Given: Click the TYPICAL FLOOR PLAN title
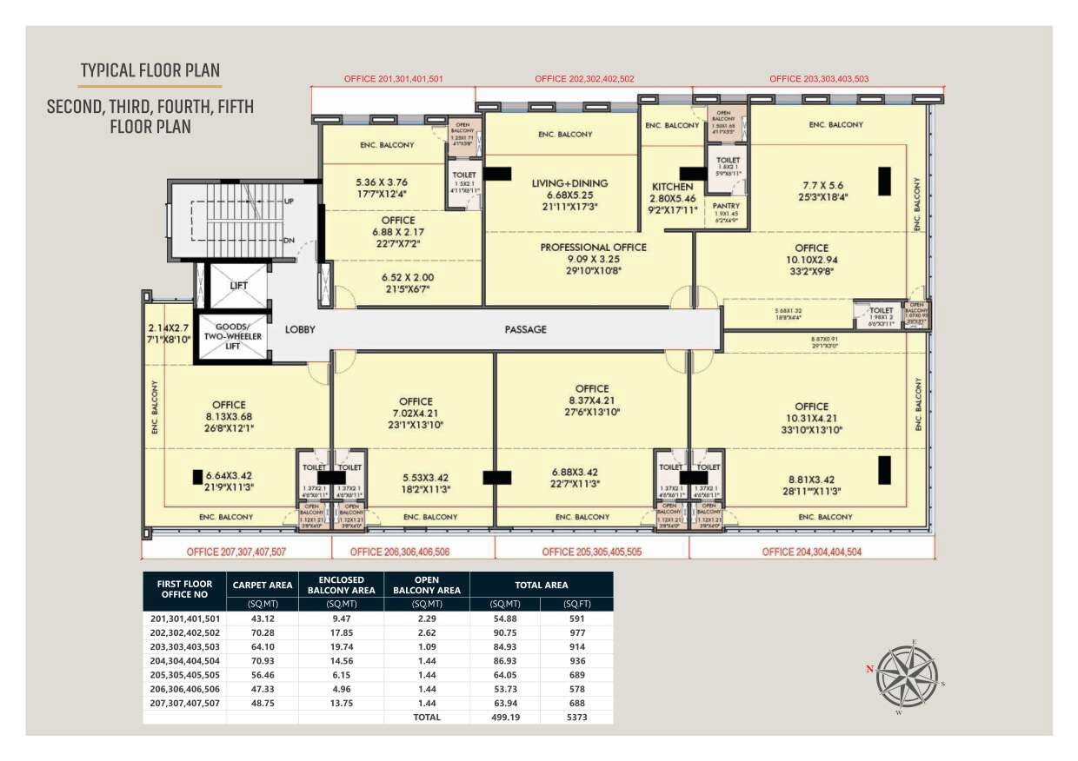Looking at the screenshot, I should pyautogui.click(x=150, y=70).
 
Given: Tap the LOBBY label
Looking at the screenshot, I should pyautogui.click(x=300, y=329).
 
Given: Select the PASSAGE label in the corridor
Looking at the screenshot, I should pyautogui.click(x=525, y=329).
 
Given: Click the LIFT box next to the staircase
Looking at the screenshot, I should pyautogui.click(x=239, y=285).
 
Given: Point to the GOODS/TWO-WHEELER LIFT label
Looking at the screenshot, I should pyautogui.click(x=232, y=336).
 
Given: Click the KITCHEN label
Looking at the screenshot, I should pyautogui.click(x=673, y=187).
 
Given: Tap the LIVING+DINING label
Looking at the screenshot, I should pyautogui.click(x=569, y=183).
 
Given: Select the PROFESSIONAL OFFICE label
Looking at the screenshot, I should pyautogui.click(x=593, y=247).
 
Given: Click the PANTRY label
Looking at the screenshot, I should pyautogui.click(x=726, y=206).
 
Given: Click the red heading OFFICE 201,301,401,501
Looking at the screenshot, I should pyautogui.click(x=394, y=79).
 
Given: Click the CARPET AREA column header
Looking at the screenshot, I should pyautogui.click(x=262, y=585).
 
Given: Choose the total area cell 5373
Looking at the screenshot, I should pyautogui.click(x=576, y=717).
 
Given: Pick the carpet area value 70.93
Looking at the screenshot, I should pyautogui.click(x=262, y=661).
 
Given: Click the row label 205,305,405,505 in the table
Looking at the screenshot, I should pyautogui.click(x=184, y=675).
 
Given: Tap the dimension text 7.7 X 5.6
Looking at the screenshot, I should pyautogui.click(x=812, y=184).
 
